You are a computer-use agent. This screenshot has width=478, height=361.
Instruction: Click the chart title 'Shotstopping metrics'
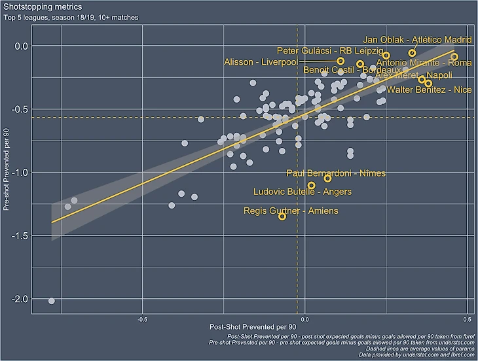click(x=38, y=7)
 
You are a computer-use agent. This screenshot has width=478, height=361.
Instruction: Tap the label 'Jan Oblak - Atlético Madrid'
click(x=417, y=41)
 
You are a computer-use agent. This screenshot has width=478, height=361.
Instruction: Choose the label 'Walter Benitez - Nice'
click(x=429, y=90)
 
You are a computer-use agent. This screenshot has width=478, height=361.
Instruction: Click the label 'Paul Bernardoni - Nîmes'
click(x=336, y=173)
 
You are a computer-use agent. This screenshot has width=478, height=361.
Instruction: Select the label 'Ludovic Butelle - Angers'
click(x=303, y=192)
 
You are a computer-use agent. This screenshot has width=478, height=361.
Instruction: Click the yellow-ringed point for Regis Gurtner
click(x=282, y=216)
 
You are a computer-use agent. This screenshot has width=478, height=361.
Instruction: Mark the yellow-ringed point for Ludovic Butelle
click(x=311, y=186)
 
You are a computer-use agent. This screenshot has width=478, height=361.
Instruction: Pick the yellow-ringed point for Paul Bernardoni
click(x=327, y=179)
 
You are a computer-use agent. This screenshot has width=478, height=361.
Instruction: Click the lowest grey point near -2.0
click(x=52, y=301)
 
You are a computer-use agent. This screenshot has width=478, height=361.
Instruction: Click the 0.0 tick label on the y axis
click(x=22, y=46)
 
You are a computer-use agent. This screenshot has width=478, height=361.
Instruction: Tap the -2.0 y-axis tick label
click(x=22, y=299)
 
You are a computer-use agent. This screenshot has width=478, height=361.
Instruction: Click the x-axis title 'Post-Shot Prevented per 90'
click(x=253, y=326)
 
